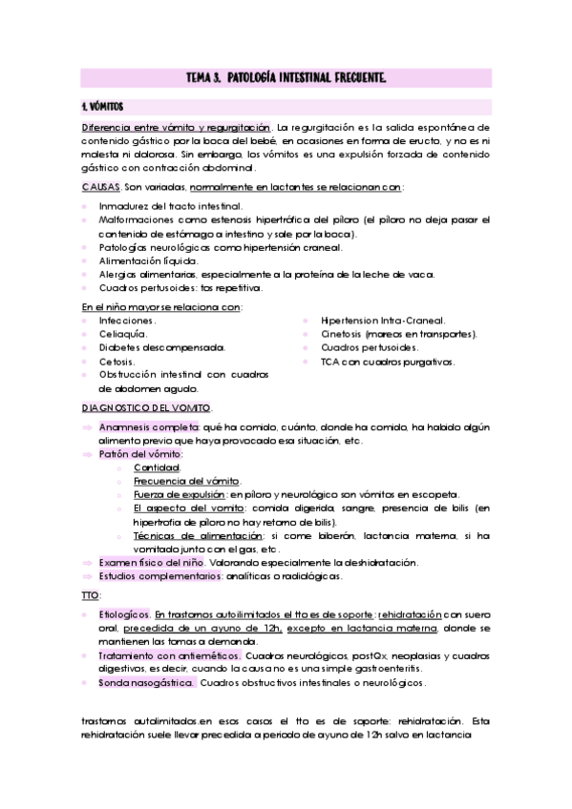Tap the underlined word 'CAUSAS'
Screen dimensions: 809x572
tap(100, 188)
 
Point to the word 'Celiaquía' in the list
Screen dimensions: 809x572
tap(122, 335)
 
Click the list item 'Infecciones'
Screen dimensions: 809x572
tap(128, 321)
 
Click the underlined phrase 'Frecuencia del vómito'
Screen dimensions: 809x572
tap(187, 481)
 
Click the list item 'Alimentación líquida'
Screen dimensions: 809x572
tap(148, 259)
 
